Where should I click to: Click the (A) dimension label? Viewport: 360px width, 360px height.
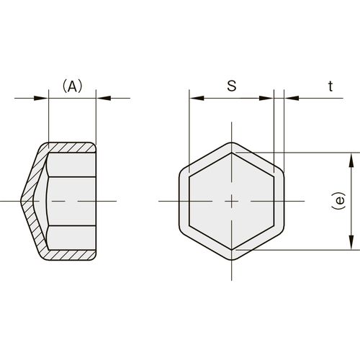[x=72, y=86]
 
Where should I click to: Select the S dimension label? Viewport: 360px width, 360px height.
[x=232, y=86]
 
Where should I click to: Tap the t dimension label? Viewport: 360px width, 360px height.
[x=330, y=86]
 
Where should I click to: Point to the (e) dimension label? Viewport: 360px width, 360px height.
[x=339, y=201]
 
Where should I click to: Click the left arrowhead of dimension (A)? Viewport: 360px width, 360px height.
[x=41, y=98]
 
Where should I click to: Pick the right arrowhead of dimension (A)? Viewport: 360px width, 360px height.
[x=104, y=98]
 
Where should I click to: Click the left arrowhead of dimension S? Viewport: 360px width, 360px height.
[x=197, y=98]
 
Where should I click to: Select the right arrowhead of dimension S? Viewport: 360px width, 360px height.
[x=266, y=98]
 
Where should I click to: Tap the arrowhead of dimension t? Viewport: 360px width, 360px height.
[x=292, y=98]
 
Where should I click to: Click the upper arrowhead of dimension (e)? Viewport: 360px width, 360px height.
[x=351, y=160]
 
